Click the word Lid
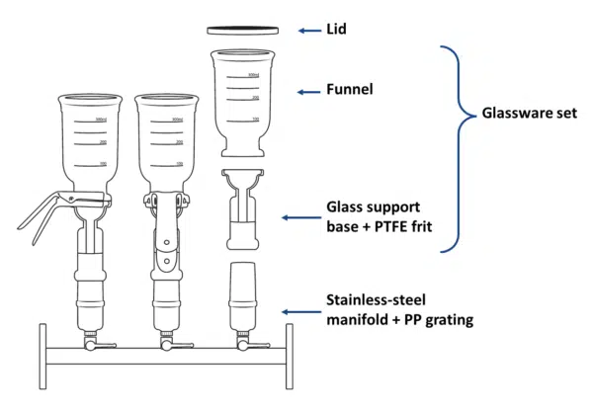(337, 30)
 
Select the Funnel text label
(348, 91)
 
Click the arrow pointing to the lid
(307, 30)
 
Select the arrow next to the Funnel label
(309, 91)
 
